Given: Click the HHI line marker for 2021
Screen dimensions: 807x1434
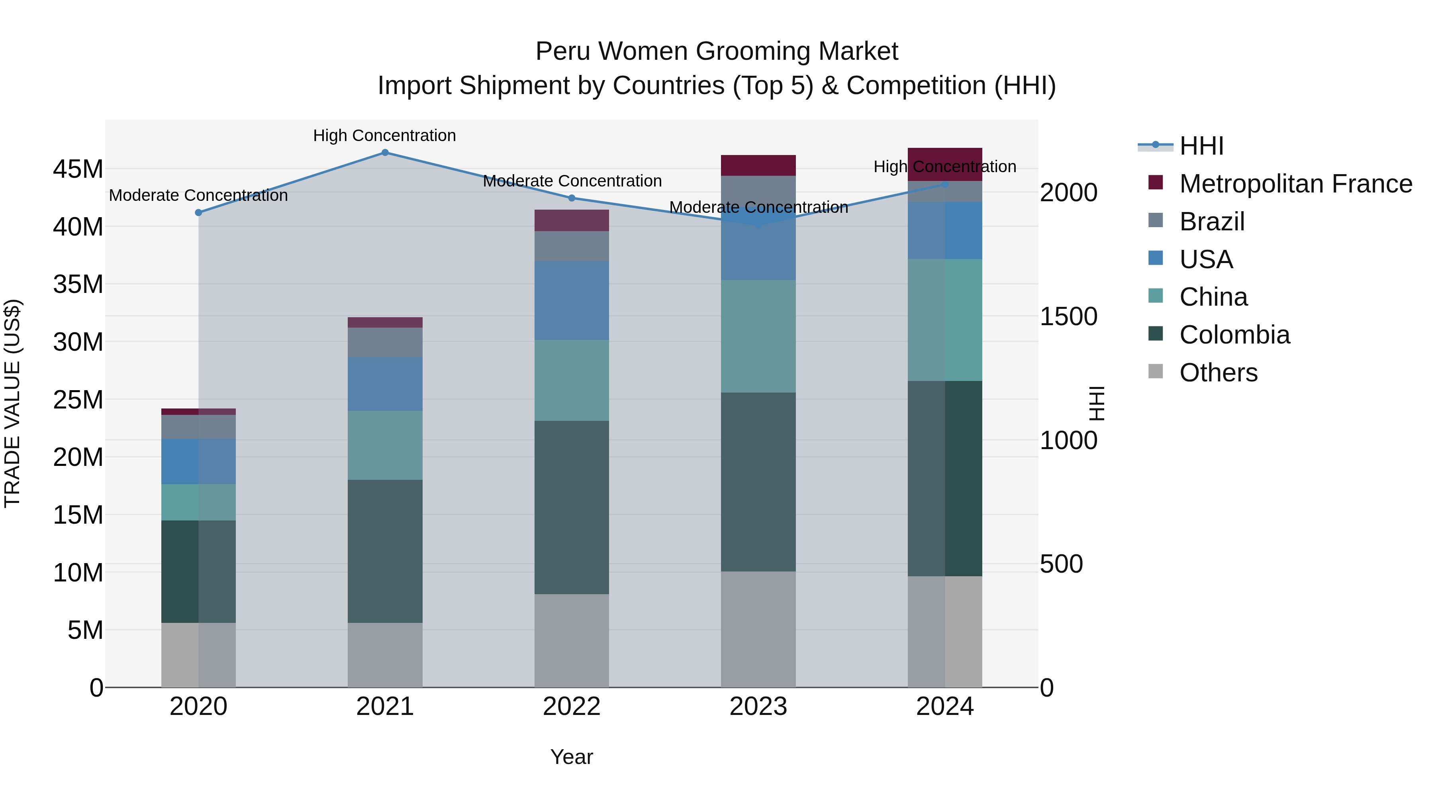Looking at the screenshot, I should [385, 153].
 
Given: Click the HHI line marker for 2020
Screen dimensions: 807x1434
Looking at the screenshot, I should [198, 213].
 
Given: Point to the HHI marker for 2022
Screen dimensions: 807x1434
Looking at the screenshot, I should [572, 198].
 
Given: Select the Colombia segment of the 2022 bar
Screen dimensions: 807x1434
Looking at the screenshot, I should [572, 507].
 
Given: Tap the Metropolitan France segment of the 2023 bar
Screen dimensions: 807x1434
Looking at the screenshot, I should [758, 165].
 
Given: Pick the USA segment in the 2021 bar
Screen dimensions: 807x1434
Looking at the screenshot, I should [385, 384].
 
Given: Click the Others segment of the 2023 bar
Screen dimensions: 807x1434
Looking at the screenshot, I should [758, 629].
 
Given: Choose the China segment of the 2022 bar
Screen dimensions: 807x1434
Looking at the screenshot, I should [572, 381].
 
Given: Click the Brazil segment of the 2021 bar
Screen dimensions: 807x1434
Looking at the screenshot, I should [385, 342].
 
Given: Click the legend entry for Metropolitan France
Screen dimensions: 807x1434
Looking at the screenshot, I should [1295, 184].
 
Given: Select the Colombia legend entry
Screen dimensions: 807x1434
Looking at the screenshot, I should [1234, 335].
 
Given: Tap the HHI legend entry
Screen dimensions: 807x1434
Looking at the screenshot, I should [1201, 146].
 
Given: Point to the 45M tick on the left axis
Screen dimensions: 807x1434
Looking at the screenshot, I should [78, 169].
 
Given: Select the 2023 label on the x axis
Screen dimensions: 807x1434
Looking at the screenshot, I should [758, 707].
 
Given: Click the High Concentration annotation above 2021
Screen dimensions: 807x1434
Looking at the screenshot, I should [385, 135].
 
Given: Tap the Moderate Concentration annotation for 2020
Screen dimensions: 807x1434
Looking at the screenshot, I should [198, 196].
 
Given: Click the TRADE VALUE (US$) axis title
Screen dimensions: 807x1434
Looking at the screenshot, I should [12, 403].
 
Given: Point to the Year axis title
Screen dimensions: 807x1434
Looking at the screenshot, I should [572, 757].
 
